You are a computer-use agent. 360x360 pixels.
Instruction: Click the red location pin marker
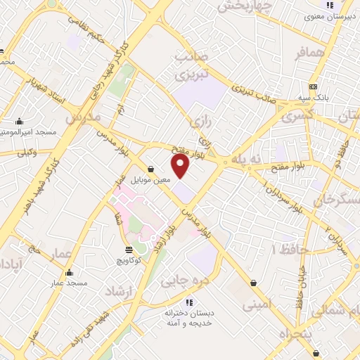[x=181, y=166]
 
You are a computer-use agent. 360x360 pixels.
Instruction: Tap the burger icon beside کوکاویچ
[x=129, y=250]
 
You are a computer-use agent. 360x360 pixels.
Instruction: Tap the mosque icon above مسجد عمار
[x=69, y=273]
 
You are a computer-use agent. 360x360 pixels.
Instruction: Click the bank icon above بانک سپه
[x=314, y=86]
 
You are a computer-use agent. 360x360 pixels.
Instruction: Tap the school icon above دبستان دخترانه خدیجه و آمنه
[x=188, y=302]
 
